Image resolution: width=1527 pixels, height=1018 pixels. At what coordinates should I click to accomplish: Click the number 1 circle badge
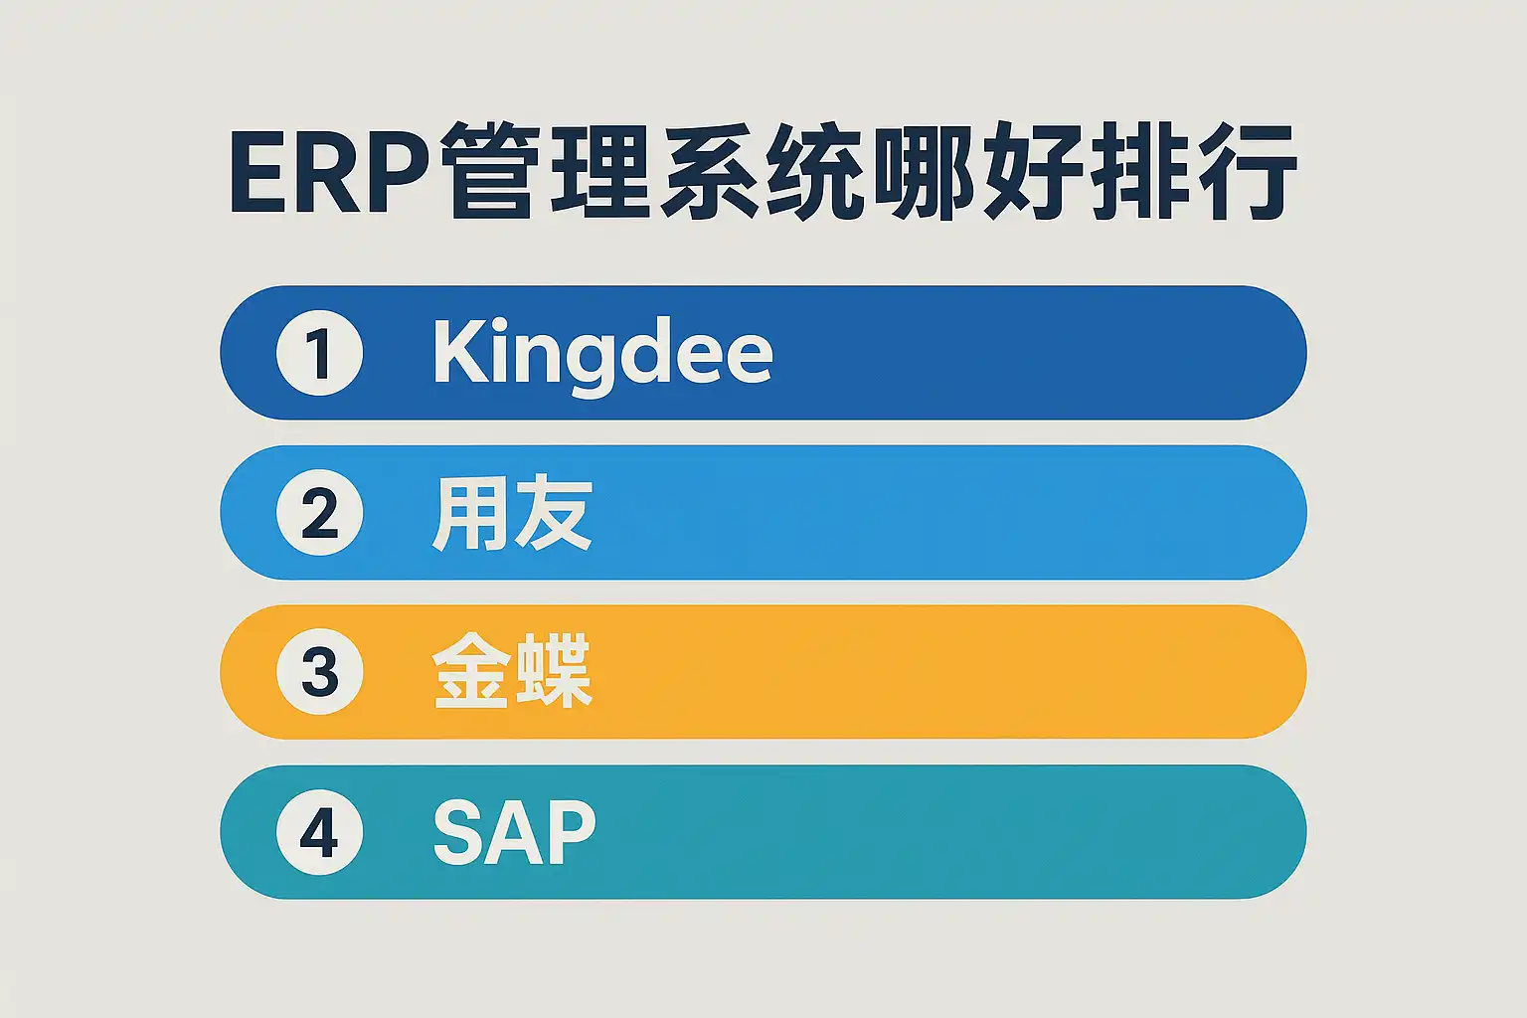[x=319, y=353]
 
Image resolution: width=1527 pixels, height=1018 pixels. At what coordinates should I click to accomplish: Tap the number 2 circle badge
[x=319, y=512]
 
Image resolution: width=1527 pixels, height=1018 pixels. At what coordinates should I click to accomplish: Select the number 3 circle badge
[x=319, y=672]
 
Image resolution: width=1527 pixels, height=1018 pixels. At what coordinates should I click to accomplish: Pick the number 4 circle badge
[x=319, y=832]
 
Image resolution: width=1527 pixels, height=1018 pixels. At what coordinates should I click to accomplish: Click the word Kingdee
[x=602, y=357]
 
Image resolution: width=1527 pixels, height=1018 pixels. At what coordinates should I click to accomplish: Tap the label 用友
[x=512, y=513]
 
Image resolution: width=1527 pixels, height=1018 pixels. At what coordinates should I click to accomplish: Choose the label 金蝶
[x=512, y=671]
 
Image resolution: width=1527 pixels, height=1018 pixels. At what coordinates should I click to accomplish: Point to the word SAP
[x=514, y=832]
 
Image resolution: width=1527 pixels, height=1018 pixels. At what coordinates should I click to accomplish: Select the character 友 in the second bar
[x=554, y=513]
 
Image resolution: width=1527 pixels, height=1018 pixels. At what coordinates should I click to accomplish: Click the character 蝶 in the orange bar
[x=554, y=671]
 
